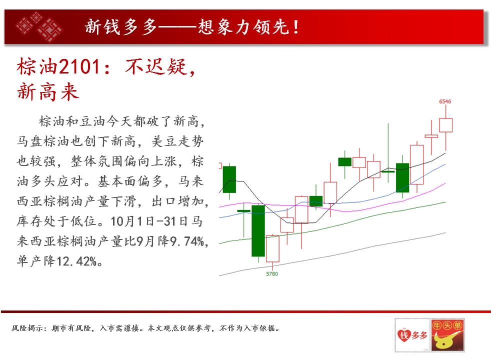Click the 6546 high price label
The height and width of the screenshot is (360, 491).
(445, 101)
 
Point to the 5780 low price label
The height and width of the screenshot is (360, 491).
(272, 274)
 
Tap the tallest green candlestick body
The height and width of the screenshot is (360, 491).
(258, 230)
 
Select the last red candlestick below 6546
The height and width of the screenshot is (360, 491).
(445, 125)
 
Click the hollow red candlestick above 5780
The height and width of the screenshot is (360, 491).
(272, 248)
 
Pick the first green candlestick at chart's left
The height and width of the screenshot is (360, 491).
(229, 179)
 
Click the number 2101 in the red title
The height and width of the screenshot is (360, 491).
(79, 66)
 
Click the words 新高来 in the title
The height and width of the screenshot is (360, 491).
(47, 92)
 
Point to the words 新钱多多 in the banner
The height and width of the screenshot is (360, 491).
(120, 27)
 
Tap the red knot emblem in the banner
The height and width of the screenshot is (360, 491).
(39, 26)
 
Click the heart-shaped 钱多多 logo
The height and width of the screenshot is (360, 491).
(412, 335)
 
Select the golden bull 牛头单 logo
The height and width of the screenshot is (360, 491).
(447, 335)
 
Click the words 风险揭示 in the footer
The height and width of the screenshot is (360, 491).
(26, 328)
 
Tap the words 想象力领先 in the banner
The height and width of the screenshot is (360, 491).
(243, 27)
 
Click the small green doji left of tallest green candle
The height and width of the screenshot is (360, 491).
(243, 211)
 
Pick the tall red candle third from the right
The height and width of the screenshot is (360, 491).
(417, 164)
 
